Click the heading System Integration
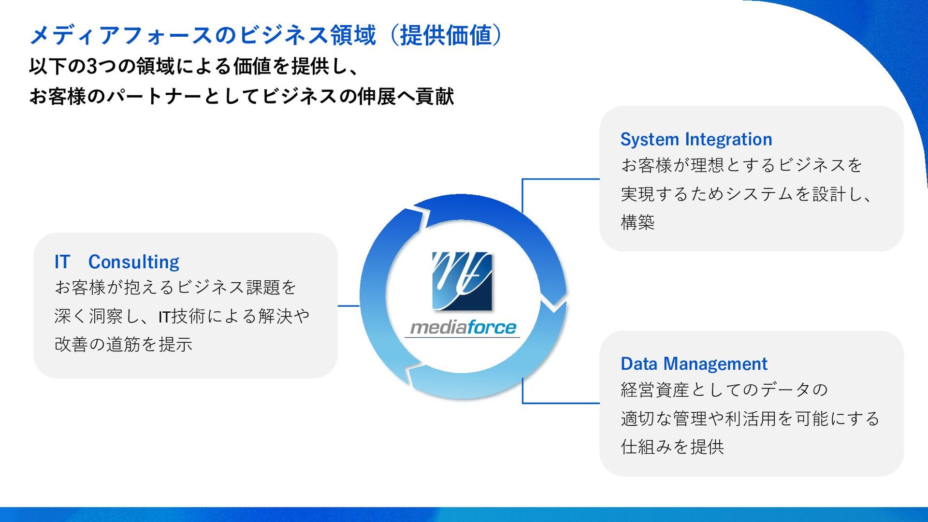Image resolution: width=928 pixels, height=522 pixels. [696, 139]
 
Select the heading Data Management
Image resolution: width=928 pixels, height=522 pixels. [694, 363]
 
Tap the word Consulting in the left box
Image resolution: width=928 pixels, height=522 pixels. [133, 262]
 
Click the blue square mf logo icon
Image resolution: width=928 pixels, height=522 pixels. [462, 281]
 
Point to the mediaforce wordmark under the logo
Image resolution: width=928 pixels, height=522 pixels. [463, 328]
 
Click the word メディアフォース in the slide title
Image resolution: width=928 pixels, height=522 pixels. [121, 35]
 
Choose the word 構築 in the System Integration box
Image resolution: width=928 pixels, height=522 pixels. [638, 222]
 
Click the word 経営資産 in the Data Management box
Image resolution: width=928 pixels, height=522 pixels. [654, 390]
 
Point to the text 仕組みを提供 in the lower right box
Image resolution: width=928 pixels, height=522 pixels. [672, 447]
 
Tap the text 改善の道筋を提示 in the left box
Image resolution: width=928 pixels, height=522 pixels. [123, 344]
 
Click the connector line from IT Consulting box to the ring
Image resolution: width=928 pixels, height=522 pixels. [348, 305]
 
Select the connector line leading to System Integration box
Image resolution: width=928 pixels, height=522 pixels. [561, 179]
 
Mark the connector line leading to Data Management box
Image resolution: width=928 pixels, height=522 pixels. [561, 403]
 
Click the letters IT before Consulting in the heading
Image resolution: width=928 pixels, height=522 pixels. [62, 262]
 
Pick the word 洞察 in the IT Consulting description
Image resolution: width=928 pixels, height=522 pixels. [106, 316]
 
